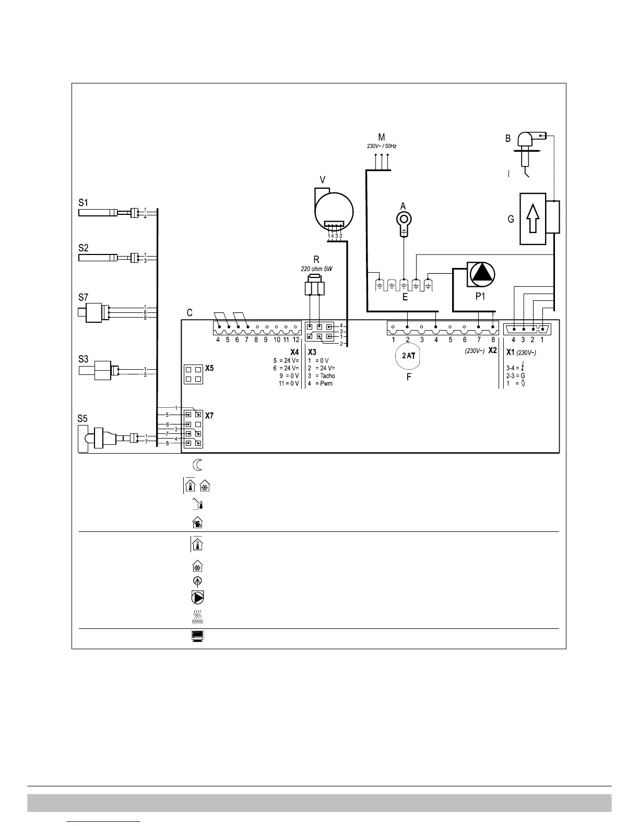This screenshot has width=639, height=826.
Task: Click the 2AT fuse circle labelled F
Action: [408, 356]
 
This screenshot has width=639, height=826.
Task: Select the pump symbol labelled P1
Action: [481, 275]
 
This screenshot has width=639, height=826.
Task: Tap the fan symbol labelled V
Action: [334, 211]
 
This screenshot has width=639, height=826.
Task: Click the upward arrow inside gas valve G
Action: [532, 218]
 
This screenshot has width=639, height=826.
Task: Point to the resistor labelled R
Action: [314, 287]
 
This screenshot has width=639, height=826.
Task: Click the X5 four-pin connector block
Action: [193, 374]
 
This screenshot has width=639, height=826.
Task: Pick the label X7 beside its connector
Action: [209, 416]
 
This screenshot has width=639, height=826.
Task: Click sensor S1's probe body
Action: [98, 213]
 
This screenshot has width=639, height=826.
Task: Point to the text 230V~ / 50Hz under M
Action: [381, 147]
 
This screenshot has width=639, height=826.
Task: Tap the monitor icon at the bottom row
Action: [197, 636]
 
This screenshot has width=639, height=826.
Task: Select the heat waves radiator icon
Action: [198, 617]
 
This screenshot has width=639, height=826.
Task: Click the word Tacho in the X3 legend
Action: [327, 376]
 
